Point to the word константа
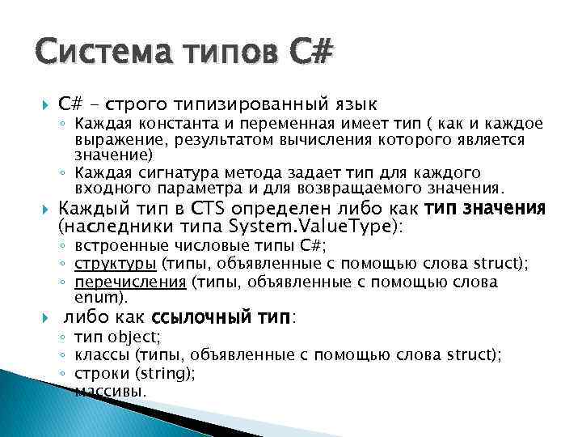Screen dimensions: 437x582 pyautogui.click(x=161, y=125)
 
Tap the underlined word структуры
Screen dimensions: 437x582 pyautogui.click(x=116, y=263)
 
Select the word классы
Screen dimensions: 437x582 pyautogui.click(x=101, y=354)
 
